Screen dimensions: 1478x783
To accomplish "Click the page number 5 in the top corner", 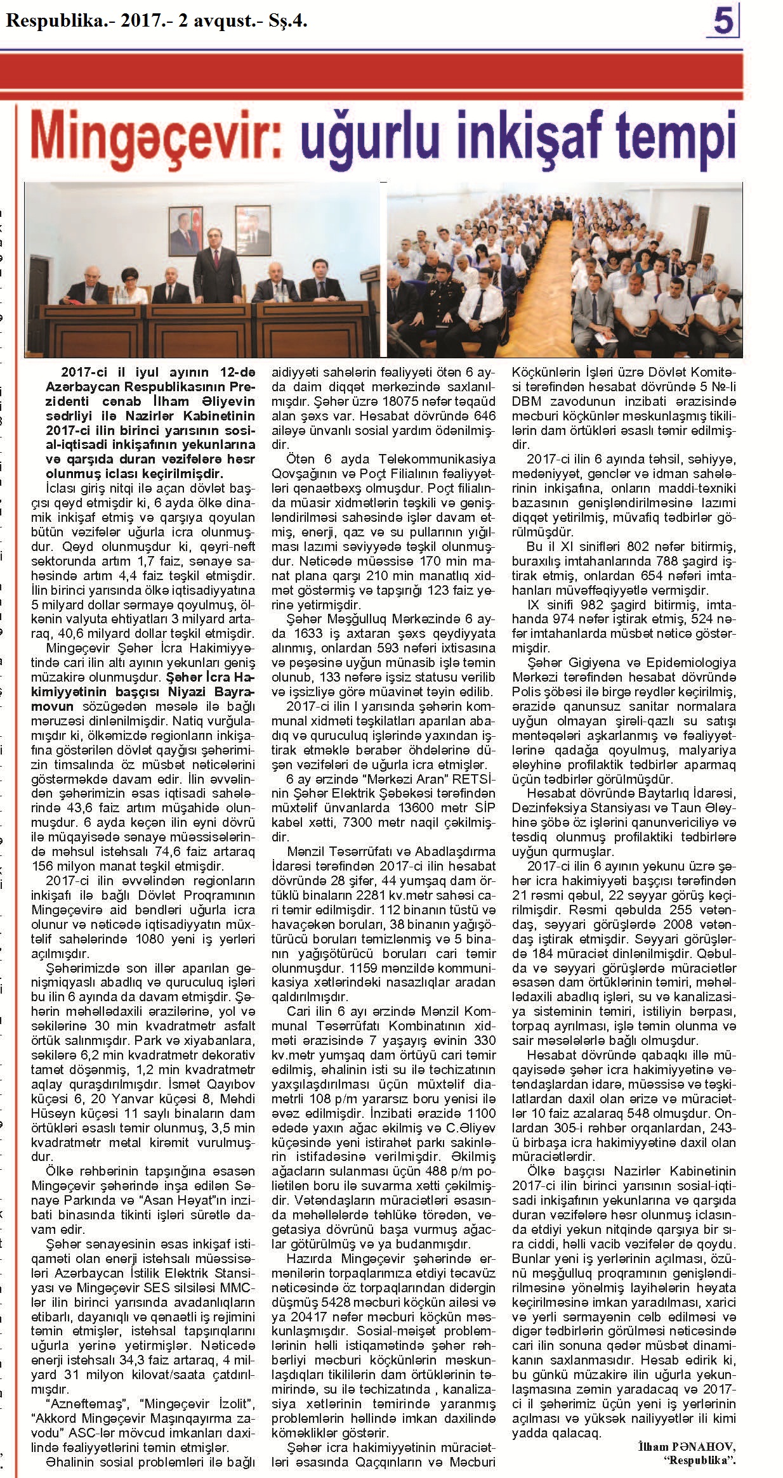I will click(x=723, y=21).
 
